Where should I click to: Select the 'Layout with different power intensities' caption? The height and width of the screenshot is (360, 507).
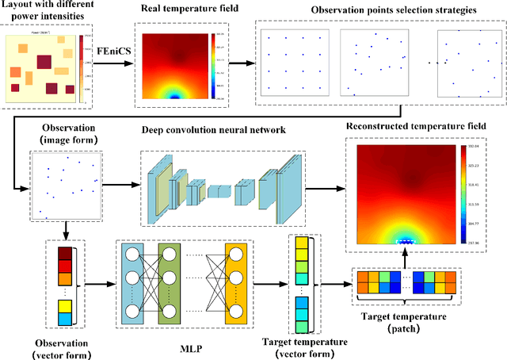pyautogui.click(x=46, y=14)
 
